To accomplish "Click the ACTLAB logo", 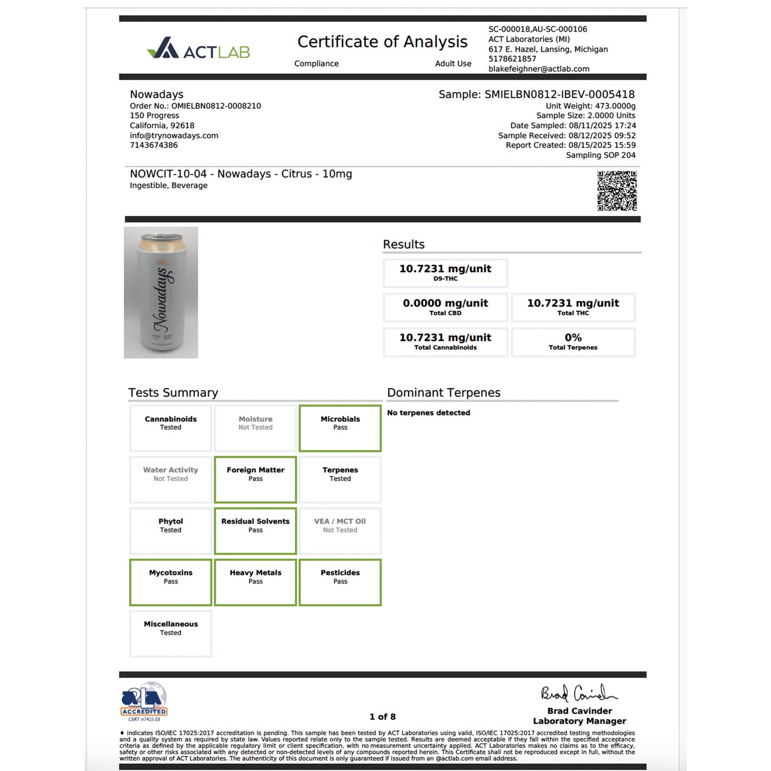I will click(198, 49).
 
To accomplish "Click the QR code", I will click(617, 191).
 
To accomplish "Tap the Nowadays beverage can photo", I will click(161, 292).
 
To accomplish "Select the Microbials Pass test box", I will click(340, 428).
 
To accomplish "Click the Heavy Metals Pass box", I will click(255, 582).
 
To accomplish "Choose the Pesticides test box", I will click(340, 582).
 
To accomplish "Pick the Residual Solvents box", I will click(255, 530).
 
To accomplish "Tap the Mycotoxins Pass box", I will click(171, 582).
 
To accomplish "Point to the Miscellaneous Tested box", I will click(171, 633).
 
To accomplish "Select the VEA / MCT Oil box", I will click(340, 530).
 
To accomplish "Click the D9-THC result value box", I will click(445, 273).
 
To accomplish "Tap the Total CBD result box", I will click(445, 307).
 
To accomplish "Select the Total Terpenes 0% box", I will click(573, 342).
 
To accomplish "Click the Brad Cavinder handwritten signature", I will click(578, 693).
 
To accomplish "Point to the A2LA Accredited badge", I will click(144, 701).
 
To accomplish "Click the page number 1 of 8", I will click(383, 717).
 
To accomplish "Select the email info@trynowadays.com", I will click(174, 136).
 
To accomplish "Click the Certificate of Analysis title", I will click(382, 42).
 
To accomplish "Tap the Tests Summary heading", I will click(173, 393).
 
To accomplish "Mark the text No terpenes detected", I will click(428, 413).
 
